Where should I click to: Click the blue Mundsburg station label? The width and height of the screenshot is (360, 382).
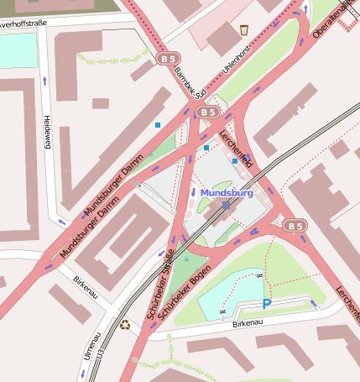(x=227, y=192)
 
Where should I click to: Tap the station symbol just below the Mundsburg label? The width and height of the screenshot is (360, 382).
(x=227, y=205)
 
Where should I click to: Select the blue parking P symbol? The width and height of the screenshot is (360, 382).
(x=267, y=305)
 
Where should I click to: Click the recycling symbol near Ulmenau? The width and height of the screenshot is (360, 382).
(x=125, y=325)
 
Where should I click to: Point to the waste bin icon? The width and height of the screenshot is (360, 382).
(x=244, y=30)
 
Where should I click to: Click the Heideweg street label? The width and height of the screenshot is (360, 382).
(x=48, y=133)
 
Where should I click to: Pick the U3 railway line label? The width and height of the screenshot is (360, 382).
(x=100, y=356)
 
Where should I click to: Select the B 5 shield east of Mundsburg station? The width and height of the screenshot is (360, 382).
(x=294, y=225)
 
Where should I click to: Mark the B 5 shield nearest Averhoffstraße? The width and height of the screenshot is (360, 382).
(x=167, y=57)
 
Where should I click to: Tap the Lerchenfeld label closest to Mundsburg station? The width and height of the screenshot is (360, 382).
(x=236, y=148)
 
